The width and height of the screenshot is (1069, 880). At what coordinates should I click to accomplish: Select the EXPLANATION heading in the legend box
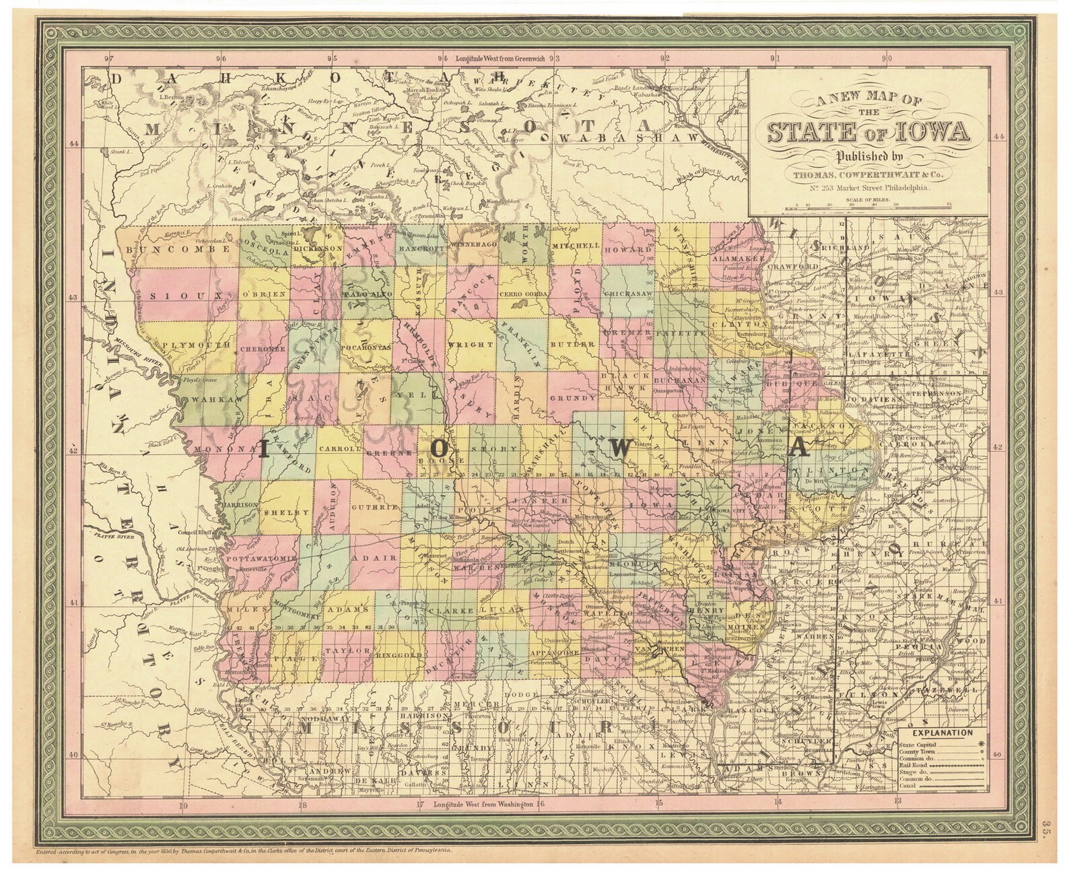[942, 733]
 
